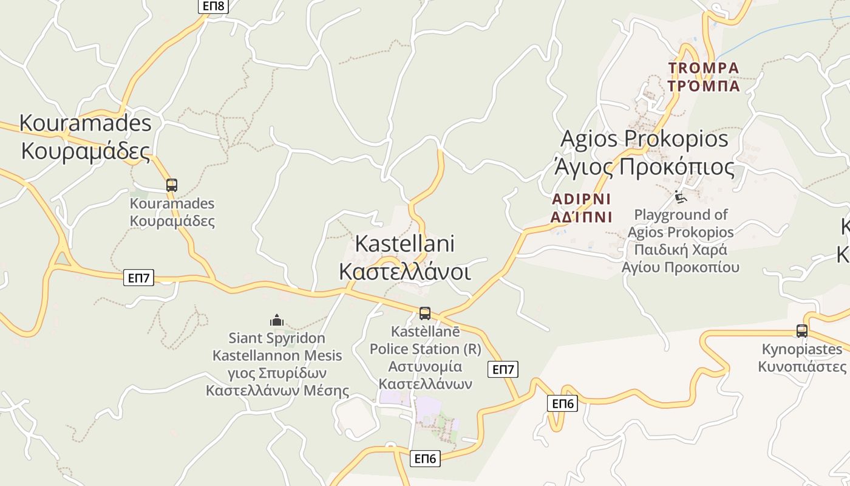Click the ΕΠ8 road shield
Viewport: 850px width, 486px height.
pos(212,6)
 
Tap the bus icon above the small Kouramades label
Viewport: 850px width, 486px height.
pos(172,185)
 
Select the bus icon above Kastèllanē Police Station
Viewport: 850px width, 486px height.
pos(425,313)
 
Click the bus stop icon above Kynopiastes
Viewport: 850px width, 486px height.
pos(802,331)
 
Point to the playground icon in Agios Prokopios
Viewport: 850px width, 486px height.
pos(681,197)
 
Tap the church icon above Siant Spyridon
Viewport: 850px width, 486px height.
pos(277,320)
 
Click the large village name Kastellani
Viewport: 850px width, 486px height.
pos(404,244)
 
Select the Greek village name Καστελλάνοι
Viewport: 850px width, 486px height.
pos(404,272)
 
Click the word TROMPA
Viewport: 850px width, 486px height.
pos(704,68)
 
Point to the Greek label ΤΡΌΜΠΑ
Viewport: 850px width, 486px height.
pos(704,86)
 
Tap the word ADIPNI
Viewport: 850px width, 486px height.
pos(581,199)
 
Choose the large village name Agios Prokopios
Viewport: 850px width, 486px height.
pos(644,139)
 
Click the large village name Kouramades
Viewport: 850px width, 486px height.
pos(85,123)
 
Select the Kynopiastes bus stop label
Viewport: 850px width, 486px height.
pos(802,349)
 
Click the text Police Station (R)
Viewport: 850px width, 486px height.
pos(425,349)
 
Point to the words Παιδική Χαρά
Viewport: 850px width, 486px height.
pos(681,250)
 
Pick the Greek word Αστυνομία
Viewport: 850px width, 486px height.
pos(425,367)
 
